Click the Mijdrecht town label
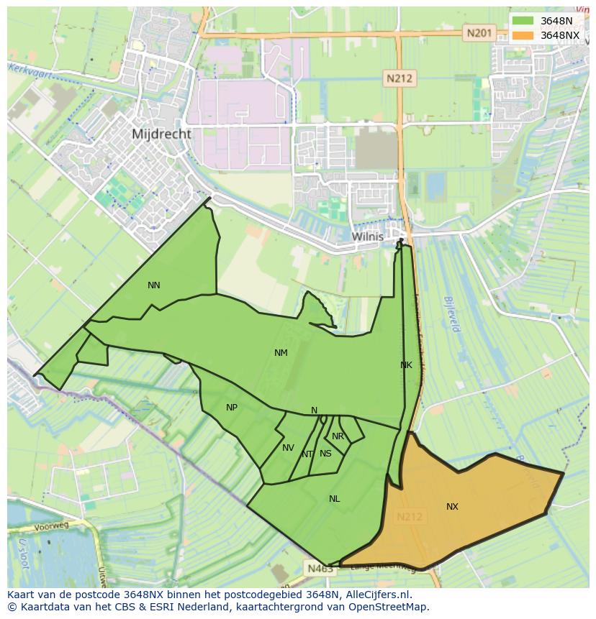pos(161,134)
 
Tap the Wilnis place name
pos(367,236)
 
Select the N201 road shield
pos(479,32)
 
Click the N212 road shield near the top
pos(399,78)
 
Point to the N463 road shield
pos(320,569)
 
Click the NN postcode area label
pos(153,285)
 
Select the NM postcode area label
pos(281,353)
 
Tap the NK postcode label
pos(406,365)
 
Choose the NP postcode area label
pos(231,408)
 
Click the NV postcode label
pos(288,448)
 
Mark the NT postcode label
pos(307,454)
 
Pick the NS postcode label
pos(325,454)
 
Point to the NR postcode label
pos(338,436)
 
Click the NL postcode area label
pos(334,499)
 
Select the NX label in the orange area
pos(452,507)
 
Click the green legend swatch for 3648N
pos(523,21)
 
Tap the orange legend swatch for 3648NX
pos(523,35)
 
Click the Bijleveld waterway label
pos(452,314)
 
